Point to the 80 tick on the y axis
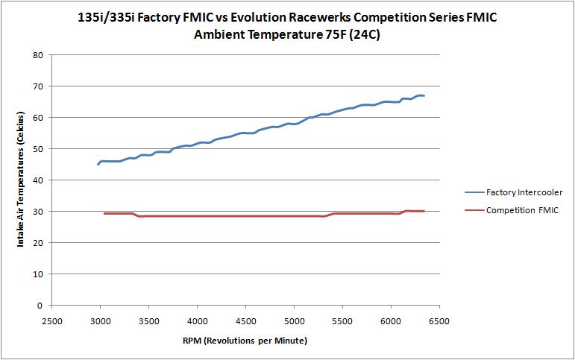coord(36,55)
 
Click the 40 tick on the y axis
coord(36,180)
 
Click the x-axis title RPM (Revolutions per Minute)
coord(245,340)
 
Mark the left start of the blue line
coord(98,164)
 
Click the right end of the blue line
coord(424,95)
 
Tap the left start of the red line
coord(104,214)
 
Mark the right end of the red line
coord(424,211)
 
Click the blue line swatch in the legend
coord(474,192)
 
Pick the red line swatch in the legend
coord(474,211)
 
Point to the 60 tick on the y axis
coord(36,118)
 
